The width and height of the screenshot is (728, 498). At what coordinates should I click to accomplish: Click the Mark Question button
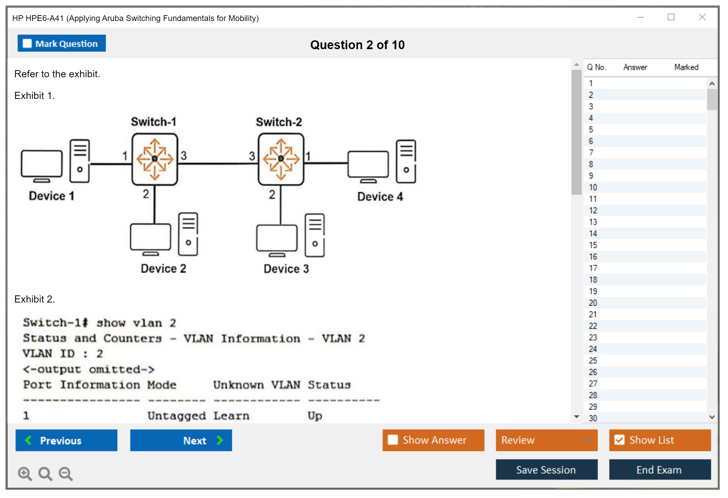click(x=62, y=43)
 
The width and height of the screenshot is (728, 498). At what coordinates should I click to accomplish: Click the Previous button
click(x=66, y=440)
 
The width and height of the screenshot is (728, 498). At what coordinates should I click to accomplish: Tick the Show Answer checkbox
click(x=393, y=440)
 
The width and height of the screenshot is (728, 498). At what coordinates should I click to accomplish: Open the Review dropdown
click(x=547, y=440)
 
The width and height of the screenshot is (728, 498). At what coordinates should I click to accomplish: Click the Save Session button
click(x=546, y=470)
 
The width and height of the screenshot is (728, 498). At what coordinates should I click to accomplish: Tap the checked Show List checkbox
click(x=620, y=440)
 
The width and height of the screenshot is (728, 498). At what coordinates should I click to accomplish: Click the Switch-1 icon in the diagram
click(x=155, y=159)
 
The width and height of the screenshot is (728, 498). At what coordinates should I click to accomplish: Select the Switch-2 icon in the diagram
click(x=281, y=159)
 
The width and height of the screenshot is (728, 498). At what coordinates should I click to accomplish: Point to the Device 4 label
click(x=380, y=196)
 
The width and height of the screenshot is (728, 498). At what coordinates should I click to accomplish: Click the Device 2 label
click(x=164, y=269)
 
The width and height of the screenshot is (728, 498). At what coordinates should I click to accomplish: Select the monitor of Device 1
click(x=42, y=164)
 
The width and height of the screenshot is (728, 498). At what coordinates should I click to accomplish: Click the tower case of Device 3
click(x=315, y=235)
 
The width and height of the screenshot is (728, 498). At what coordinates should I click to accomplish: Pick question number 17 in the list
click(x=593, y=268)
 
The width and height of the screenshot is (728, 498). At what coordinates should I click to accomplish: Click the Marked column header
click(x=686, y=67)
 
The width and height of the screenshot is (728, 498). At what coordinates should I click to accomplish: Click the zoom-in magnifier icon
click(x=25, y=473)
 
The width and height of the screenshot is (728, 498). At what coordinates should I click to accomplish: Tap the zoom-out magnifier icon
click(x=66, y=473)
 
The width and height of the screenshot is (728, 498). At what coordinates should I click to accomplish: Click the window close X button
click(x=702, y=17)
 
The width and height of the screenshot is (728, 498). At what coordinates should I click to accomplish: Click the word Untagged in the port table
click(x=176, y=416)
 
